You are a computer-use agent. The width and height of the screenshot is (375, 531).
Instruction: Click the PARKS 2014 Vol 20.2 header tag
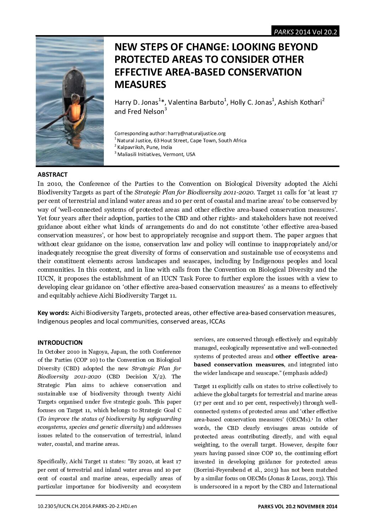click(x=305, y=32)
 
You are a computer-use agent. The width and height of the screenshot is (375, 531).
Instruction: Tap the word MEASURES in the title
click(x=140, y=84)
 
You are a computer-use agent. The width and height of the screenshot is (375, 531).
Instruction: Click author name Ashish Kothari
click(x=300, y=103)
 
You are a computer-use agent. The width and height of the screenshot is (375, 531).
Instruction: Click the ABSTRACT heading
click(x=52, y=175)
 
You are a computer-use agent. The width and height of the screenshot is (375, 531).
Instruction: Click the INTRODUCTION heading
click(x=60, y=343)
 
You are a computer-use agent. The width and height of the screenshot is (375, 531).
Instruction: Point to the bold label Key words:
click(x=53, y=313)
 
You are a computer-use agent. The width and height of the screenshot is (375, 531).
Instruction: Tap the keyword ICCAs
click(x=217, y=321)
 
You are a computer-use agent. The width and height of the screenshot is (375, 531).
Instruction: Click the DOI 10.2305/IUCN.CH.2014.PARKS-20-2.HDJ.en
click(x=87, y=506)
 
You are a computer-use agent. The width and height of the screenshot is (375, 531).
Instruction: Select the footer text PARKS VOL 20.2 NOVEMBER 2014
click(x=297, y=506)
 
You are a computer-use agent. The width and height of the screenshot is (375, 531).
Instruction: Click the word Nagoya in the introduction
click(x=95, y=352)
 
